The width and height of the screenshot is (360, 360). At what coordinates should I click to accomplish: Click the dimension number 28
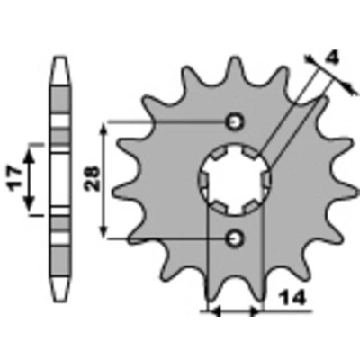point(92,178)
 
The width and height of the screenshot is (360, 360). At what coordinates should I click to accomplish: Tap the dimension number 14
point(292,298)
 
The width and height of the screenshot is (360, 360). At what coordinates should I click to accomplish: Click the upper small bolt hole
point(235,121)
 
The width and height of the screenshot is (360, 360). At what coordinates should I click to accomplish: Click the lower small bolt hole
point(235,238)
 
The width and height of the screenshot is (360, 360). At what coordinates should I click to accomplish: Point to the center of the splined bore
point(235,180)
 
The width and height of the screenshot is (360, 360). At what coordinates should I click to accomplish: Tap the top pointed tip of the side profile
point(61,57)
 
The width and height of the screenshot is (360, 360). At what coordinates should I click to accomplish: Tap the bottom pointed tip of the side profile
point(61,301)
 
